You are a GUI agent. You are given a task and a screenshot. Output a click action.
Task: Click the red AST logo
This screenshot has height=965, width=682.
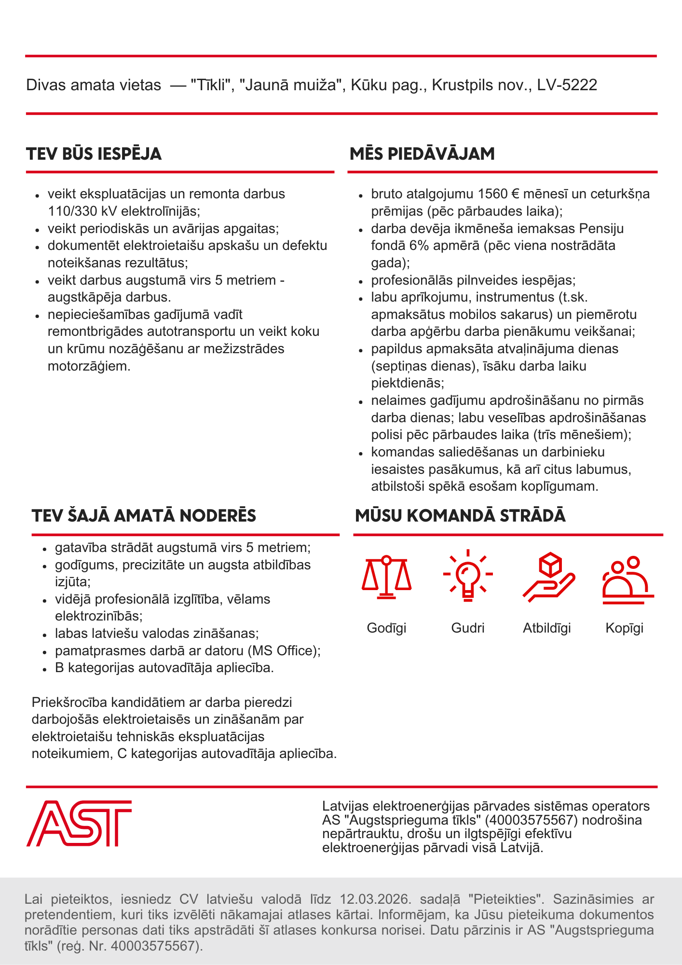tap(79, 823)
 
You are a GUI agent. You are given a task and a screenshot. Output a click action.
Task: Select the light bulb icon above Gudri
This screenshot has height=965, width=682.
tap(467, 575)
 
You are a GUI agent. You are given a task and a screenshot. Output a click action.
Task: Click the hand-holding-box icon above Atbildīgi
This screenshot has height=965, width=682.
tap(548, 577)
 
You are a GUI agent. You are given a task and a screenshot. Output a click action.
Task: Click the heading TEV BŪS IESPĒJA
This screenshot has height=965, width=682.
tap(94, 154)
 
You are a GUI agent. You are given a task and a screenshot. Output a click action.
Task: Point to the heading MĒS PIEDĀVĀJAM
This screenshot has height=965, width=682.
tap(422, 154)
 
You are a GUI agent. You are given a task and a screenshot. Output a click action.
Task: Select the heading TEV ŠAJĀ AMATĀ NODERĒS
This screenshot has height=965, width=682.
tap(144, 516)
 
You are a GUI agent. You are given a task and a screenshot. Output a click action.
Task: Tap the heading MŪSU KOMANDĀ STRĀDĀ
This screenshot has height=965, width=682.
tap(460, 516)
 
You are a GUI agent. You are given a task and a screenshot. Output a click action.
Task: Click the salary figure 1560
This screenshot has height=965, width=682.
tap(492, 194)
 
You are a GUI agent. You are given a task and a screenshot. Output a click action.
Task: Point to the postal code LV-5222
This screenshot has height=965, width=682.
tap(567, 85)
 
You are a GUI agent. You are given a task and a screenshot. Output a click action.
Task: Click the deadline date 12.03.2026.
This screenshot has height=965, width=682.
tap(375, 899)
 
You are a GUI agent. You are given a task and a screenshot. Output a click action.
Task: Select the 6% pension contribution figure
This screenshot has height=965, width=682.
tap(417, 246)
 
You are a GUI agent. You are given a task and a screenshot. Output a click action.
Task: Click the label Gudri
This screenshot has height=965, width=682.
tap(467, 628)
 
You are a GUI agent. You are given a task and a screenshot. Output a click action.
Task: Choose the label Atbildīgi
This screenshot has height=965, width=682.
tap(547, 628)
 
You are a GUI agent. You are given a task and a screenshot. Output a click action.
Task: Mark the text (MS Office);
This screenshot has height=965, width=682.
tap(284, 651)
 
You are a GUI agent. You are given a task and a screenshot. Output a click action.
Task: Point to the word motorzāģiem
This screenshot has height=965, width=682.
tap(89, 366)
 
